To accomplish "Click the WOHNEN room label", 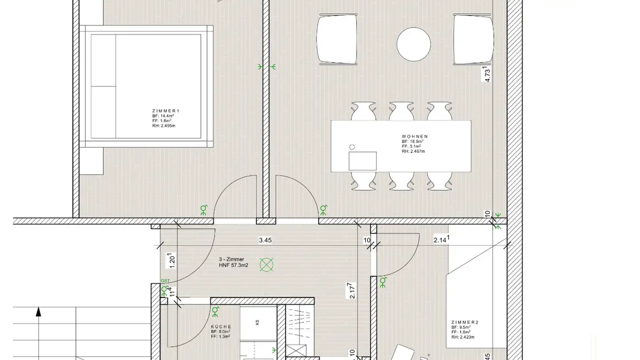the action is point(414,136).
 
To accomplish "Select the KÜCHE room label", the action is point(221,326).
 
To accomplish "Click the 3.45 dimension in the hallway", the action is point(265,240).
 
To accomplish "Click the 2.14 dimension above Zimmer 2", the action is point(440,240).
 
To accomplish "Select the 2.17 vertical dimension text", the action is point(352,291).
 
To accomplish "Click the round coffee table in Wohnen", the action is point(413,44).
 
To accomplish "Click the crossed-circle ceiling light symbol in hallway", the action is point(266,265).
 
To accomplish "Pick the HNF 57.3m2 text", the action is point(233,265).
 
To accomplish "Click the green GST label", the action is point(165,281).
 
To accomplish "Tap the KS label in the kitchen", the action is point(257,323).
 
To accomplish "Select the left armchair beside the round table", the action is point(337,39).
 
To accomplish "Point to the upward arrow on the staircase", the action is point(39,312).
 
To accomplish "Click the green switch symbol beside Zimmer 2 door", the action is point(383,281).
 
